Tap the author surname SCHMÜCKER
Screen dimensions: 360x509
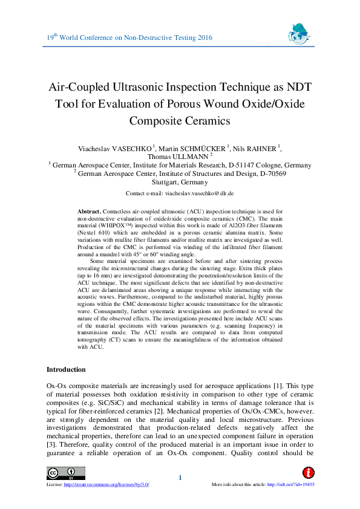(x=201, y=149)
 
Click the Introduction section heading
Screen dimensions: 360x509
(x=67, y=369)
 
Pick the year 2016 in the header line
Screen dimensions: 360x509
(x=205, y=38)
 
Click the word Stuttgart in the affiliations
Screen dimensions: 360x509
(x=167, y=181)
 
